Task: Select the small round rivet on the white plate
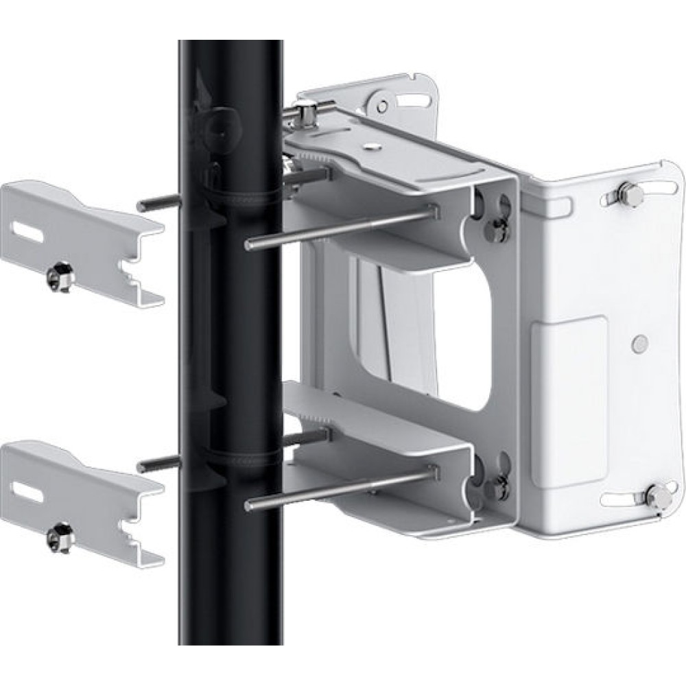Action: [x=640, y=341]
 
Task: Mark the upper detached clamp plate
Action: [x=82, y=240]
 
